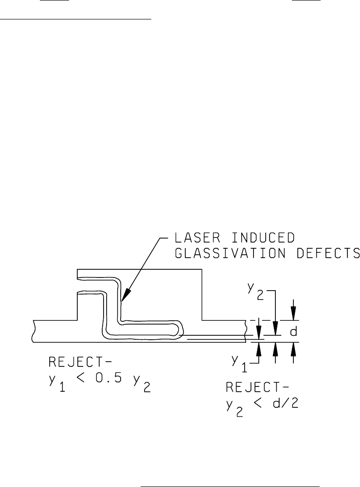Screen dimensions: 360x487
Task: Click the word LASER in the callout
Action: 191,238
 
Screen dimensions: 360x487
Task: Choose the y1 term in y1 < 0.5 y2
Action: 55,381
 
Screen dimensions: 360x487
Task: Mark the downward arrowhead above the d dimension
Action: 293,316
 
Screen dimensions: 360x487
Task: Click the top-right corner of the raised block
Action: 202,270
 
